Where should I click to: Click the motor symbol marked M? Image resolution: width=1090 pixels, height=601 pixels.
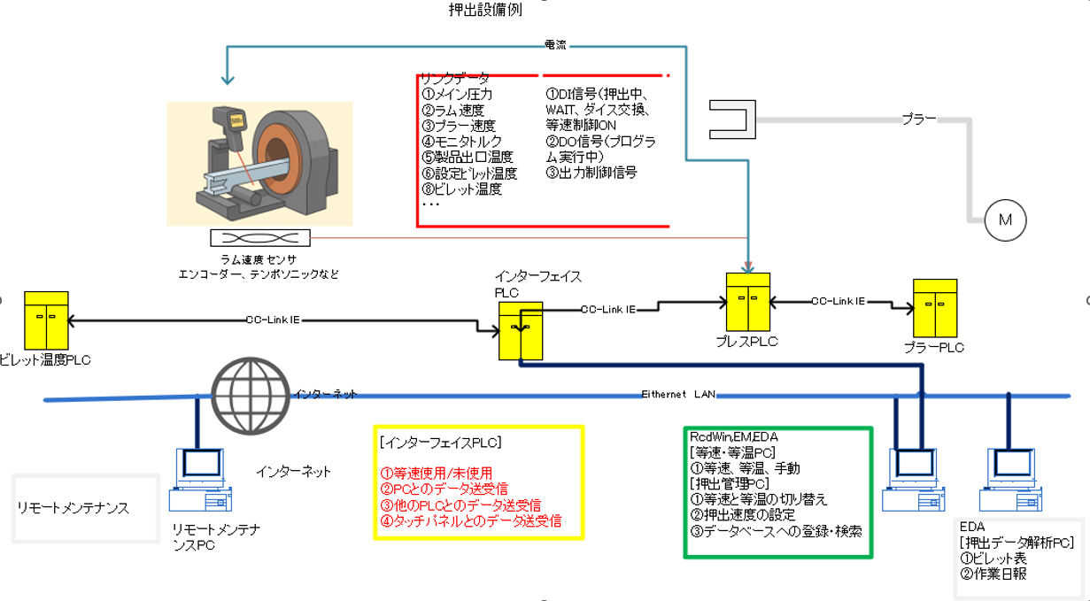1005,220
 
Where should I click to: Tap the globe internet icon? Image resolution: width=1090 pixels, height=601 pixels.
251,396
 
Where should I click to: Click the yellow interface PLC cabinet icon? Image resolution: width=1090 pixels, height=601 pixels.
520,329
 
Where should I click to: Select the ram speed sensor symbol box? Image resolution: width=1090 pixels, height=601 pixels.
259,238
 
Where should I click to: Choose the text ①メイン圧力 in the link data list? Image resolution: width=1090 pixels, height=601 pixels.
457,94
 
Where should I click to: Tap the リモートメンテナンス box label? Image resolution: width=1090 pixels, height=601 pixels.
73,508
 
